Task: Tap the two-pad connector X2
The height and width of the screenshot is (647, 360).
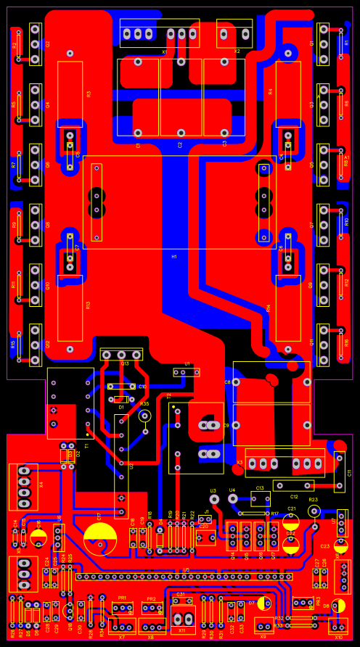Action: [x=234, y=34]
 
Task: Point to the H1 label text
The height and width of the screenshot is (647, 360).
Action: [x=174, y=257]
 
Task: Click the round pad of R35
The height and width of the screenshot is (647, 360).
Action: [x=144, y=416]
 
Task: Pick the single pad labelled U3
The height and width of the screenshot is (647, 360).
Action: [x=213, y=499]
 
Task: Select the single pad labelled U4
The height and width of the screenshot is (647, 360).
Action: [x=233, y=499]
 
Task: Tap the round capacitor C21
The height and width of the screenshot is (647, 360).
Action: [x=291, y=521]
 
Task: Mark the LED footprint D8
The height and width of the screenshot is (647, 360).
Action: [x=338, y=606]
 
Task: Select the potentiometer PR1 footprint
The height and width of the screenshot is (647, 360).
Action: [x=122, y=608]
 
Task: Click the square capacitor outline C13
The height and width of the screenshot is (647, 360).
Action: [x=259, y=499]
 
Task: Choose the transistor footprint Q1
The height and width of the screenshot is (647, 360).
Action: [x=323, y=44]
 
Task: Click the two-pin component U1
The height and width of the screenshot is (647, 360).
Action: [x=187, y=372]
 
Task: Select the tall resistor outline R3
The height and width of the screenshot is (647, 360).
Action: [x=70, y=94]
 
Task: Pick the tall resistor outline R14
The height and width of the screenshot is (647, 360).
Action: [x=288, y=308]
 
